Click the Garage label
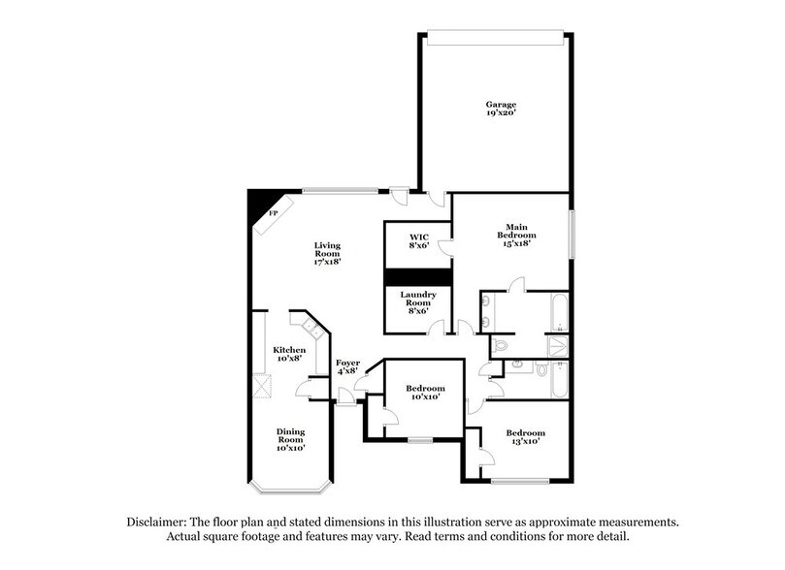(x=501, y=104)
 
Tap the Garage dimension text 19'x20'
(x=501, y=113)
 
